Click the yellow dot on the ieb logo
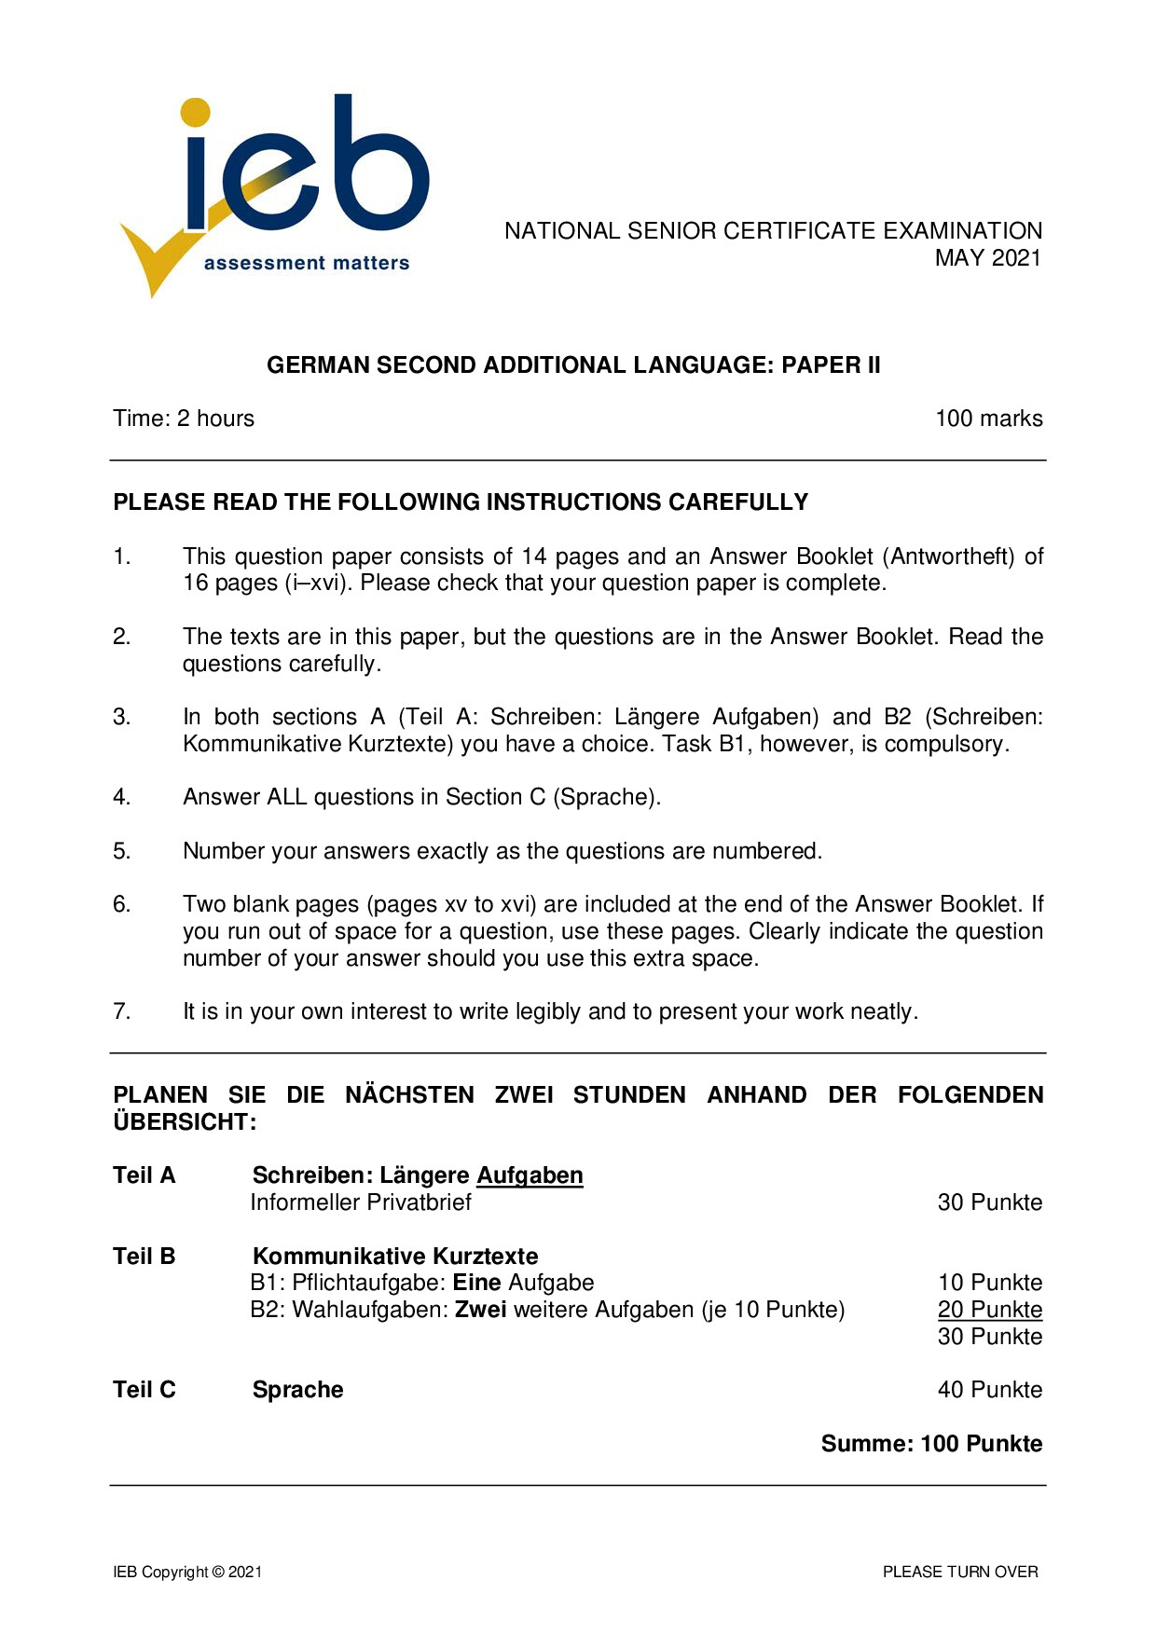195,112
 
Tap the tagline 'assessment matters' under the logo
307,264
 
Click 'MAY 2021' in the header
988,258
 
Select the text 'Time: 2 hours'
184,419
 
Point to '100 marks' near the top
988,419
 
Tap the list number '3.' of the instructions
122,717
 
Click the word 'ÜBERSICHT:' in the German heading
185,1121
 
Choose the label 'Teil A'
144,1175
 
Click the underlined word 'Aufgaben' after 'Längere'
530,1175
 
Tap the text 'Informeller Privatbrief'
361,1202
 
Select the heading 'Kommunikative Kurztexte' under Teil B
395,1257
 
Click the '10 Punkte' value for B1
989,1283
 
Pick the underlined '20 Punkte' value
989,1310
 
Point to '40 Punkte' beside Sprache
989,1390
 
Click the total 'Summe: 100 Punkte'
931,1444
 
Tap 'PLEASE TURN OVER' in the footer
960,1572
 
